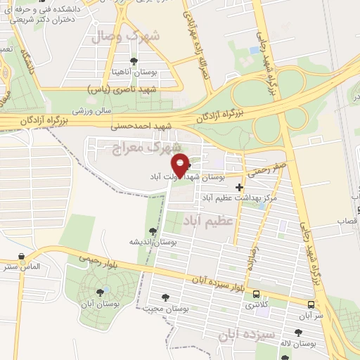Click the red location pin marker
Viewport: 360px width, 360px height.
point(181,164)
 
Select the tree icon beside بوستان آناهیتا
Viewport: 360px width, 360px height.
point(135,62)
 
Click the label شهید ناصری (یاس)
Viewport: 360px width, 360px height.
point(118,91)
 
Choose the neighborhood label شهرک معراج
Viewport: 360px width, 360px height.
point(137,147)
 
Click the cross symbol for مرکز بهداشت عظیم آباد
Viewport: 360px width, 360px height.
point(240,187)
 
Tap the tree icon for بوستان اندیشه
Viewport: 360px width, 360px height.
point(153,231)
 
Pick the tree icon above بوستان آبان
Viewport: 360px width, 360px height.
point(98,290)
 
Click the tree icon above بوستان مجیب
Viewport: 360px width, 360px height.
point(166,297)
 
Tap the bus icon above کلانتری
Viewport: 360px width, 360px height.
point(257,294)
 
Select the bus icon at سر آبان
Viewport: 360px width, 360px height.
point(311,304)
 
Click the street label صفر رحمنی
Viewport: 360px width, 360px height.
point(262,168)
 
